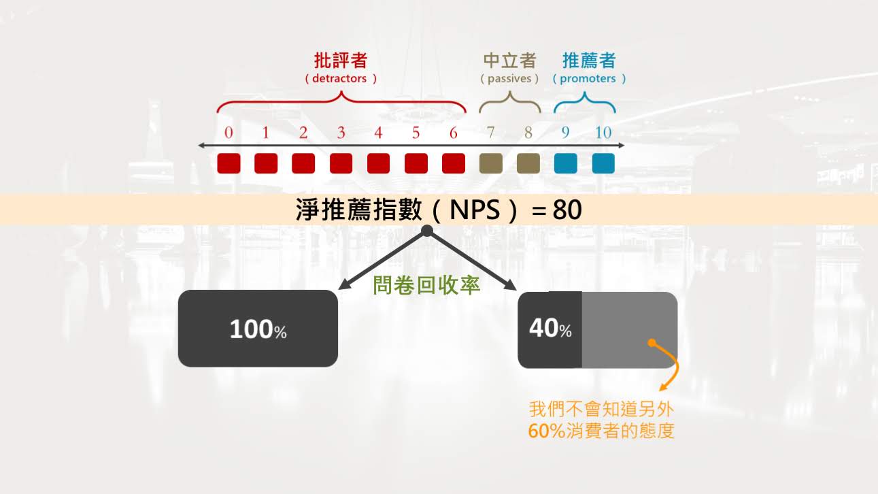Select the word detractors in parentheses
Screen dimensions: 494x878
[339, 78]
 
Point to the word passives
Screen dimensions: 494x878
[509, 78]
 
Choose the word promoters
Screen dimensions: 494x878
[588, 78]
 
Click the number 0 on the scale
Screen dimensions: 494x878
[229, 133]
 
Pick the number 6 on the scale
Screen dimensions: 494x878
[454, 133]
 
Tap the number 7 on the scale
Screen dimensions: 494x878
[491, 133]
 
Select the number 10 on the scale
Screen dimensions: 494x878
[603, 133]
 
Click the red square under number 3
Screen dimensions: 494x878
[341, 163]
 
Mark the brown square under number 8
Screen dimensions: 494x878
[528, 163]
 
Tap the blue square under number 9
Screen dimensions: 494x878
[566, 163]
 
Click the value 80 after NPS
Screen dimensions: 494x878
[567, 210]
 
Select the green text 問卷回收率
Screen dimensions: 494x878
[426, 285]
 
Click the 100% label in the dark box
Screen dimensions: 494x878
[258, 330]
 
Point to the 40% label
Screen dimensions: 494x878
[550, 329]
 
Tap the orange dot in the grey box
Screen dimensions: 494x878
[652, 343]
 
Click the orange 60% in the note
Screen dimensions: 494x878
[546, 431]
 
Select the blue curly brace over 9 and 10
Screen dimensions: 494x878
[585, 105]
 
